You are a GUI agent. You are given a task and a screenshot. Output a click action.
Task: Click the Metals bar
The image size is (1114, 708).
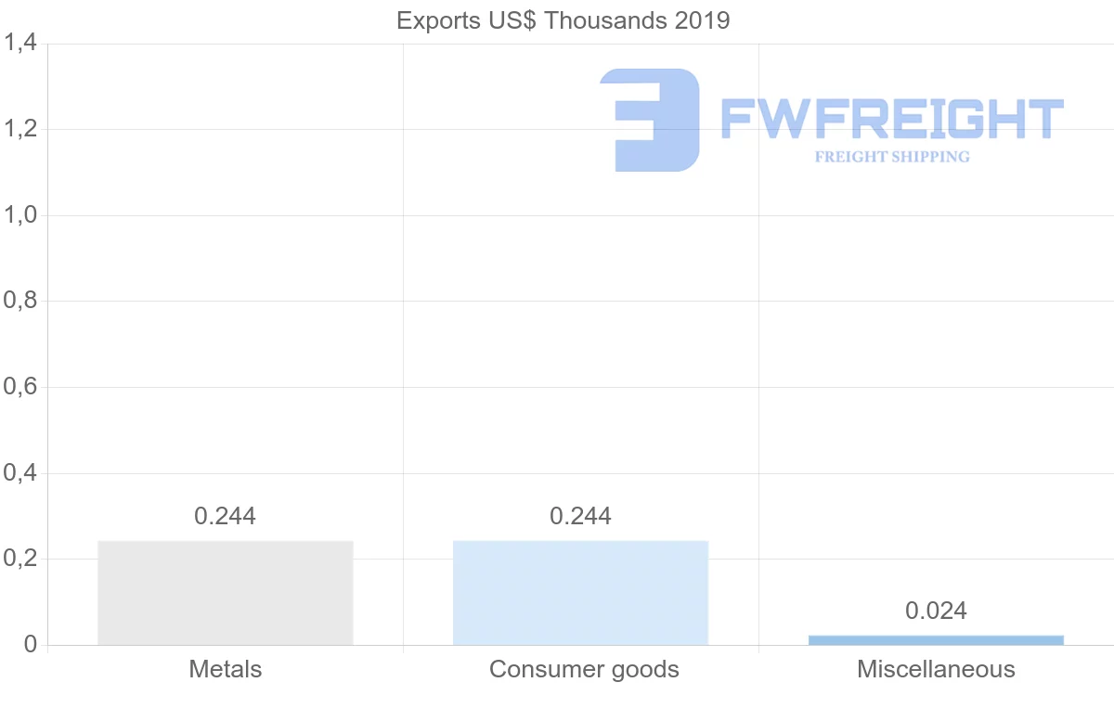pyautogui.click(x=226, y=592)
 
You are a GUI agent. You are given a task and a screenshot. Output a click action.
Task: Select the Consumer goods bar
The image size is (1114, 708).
pyautogui.click(x=580, y=592)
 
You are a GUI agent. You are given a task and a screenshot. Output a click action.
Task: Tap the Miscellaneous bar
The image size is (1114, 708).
pyautogui.click(x=936, y=640)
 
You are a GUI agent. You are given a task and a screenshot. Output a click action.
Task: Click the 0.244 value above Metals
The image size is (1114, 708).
pyautogui.click(x=225, y=516)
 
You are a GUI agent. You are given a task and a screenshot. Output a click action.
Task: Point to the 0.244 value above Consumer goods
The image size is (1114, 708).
pyautogui.click(x=580, y=516)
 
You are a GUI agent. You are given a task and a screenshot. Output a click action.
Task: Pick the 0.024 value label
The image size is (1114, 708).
pyautogui.click(x=936, y=611)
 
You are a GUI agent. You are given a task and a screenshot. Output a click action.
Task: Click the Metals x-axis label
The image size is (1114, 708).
pyautogui.click(x=226, y=669)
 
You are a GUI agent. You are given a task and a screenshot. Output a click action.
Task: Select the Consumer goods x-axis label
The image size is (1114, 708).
pyautogui.click(x=584, y=669)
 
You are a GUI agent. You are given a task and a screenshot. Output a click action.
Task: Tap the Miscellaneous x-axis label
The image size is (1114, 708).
pyautogui.click(x=936, y=669)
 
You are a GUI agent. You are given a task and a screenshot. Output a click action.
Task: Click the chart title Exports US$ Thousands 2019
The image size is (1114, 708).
pyautogui.click(x=563, y=20)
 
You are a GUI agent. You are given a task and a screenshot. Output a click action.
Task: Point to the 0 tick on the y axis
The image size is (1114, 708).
pyautogui.click(x=30, y=645)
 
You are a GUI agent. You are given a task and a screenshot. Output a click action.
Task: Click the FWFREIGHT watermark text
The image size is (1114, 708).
pyautogui.click(x=892, y=119)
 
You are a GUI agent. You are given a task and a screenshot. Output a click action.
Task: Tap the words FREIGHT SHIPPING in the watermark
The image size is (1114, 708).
pyautogui.click(x=892, y=157)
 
